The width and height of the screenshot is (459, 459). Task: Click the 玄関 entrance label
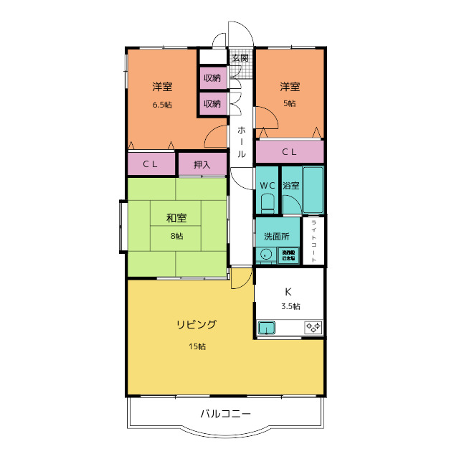click(x=240, y=57)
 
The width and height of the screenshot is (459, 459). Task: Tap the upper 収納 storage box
click(x=212, y=77)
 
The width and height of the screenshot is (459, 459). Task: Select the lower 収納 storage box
click(x=212, y=103)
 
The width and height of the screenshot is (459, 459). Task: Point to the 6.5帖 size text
click(x=162, y=105)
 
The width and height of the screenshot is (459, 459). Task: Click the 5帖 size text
click(x=290, y=103)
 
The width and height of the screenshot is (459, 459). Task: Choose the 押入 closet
click(x=202, y=164)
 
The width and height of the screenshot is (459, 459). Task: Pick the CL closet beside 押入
click(x=151, y=164)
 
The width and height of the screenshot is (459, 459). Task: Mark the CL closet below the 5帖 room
click(x=290, y=151)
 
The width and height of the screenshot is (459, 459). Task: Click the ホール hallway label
click(x=242, y=142)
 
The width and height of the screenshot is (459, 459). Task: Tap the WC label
click(x=267, y=186)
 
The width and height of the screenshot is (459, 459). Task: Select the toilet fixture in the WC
click(x=267, y=205)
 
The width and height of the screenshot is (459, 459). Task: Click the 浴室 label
click(x=290, y=186)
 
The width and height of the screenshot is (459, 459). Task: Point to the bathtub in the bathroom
click(x=313, y=190)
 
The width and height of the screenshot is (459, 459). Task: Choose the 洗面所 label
click(x=276, y=236)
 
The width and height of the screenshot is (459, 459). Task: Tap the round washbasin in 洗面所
click(x=266, y=255)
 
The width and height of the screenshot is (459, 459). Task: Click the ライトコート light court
click(x=313, y=241)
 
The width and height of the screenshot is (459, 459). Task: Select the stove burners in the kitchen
click(x=313, y=328)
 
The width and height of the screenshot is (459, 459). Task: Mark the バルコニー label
click(x=225, y=414)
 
